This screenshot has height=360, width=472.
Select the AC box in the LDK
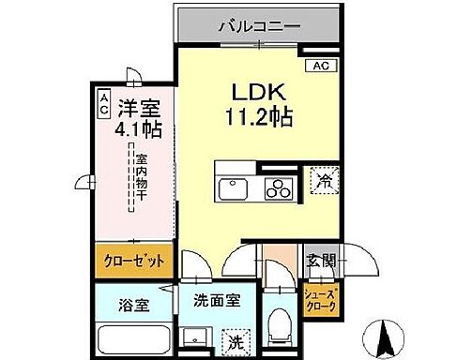pos(319,66)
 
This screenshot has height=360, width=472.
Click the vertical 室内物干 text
pos(139,181)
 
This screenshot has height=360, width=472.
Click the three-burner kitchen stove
pos(280,188)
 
